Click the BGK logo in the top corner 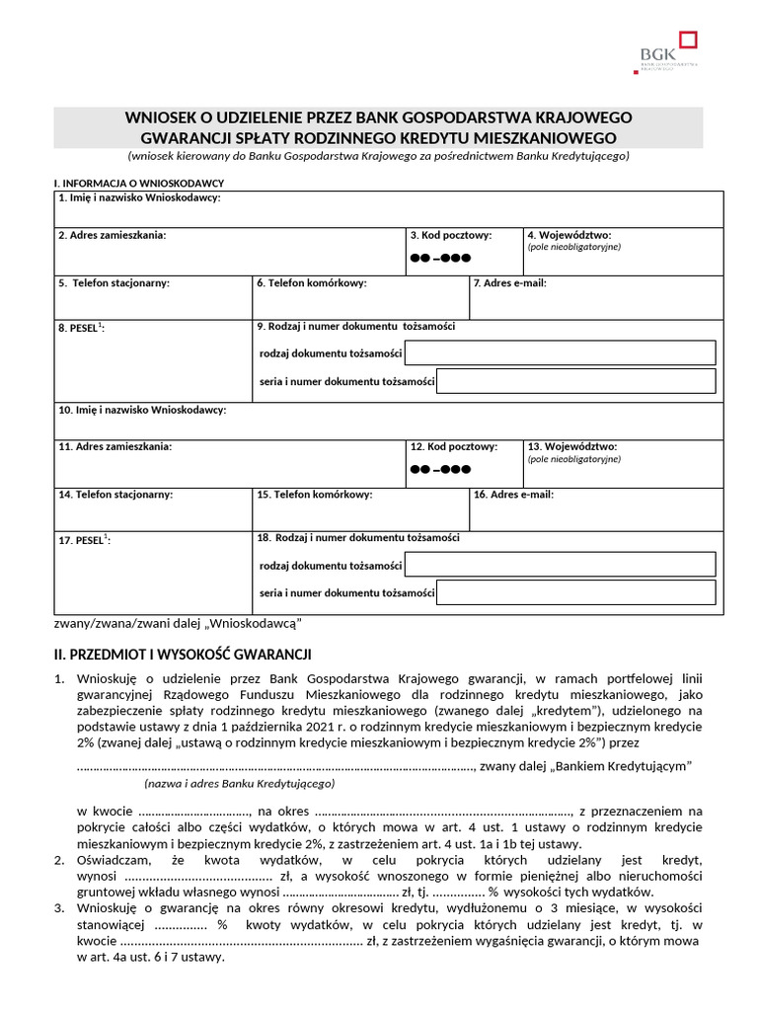pyautogui.click(x=668, y=51)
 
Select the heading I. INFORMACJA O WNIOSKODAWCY pyautogui.click(x=139, y=184)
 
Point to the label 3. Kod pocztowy pyautogui.click(x=451, y=235)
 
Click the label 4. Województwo pyautogui.click(x=568, y=235)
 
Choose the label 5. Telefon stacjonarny pyautogui.click(x=114, y=283)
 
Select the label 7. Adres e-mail pyautogui.click(x=509, y=283)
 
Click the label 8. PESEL pyautogui.click(x=81, y=328)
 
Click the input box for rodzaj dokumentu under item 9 pyautogui.click(x=560, y=352)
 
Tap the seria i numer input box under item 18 pyautogui.click(x=575, y=592)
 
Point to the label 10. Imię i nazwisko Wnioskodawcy pyautogui.click(x=142, y=409)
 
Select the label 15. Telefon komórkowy pyautogui.click(x=314, y=495)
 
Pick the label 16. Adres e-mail pyautogui.click(x=513, y=495)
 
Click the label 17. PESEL pyautogui.click(x=84, y=540)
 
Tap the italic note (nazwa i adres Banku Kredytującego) pyautogui.click(x=239, y=783)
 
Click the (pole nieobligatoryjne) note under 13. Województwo pyautogui.click(x=574, y=459)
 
